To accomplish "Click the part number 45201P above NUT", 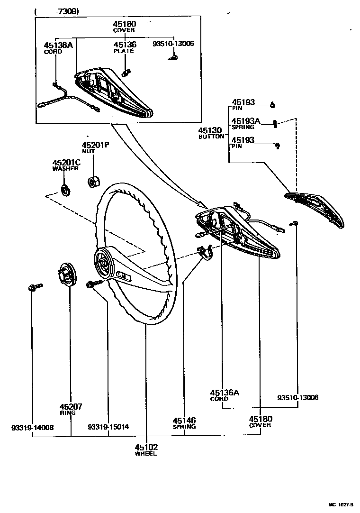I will tap(95, 145).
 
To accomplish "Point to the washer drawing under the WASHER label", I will tap(66, 189).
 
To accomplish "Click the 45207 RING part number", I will tap(71, 406).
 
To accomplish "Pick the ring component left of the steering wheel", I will tap(67, 274).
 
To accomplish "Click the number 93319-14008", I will tap(33, 427).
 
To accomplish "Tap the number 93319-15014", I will tap(108, 427).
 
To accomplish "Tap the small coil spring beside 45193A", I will tap(275, 124).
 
